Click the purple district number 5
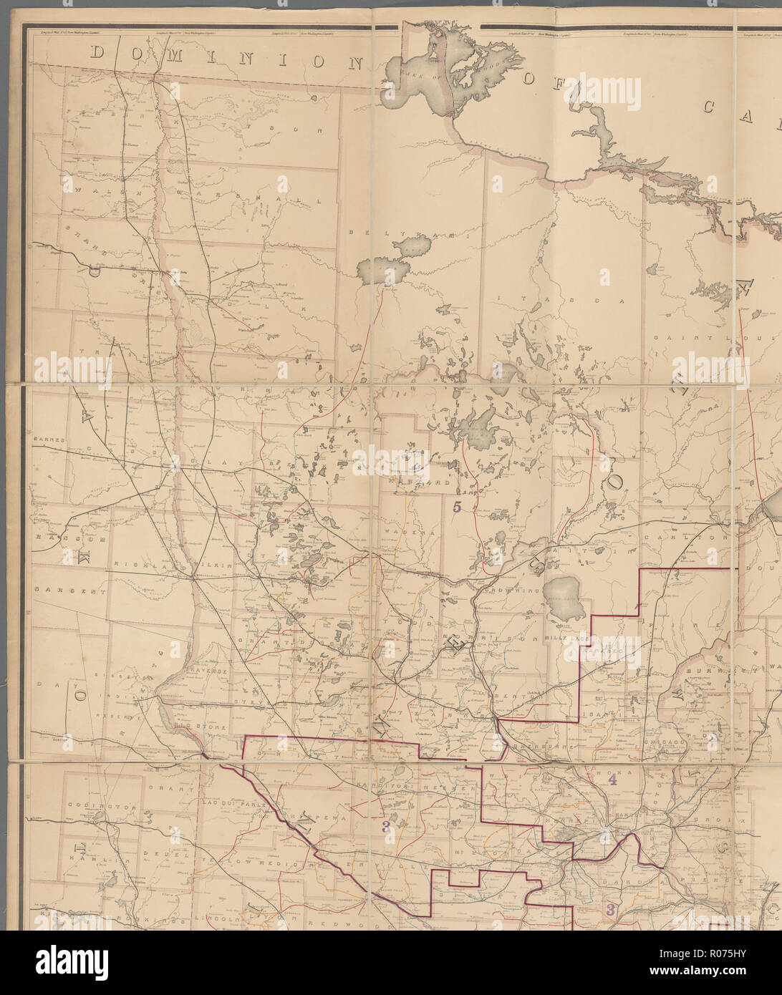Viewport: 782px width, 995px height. tap(458, 506)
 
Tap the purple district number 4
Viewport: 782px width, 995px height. tap(613, 780)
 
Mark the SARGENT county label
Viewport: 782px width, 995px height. tap(69, 592)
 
